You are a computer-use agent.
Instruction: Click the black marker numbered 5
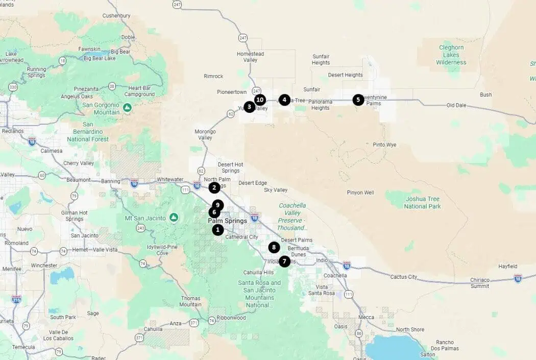point(358,100)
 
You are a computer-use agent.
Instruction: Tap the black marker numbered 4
point(284,100)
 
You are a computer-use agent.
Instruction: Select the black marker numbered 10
point(260,100)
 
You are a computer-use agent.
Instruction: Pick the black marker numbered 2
point(214,187)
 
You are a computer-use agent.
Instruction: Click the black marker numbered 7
point(284,261)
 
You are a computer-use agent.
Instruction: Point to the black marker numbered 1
point(218,229)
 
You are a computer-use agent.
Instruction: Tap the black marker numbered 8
point(274,247)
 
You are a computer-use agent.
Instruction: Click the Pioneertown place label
point(232,92)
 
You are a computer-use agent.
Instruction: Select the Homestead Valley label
point(250,57)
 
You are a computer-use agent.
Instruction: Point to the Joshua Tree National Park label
point(422,202)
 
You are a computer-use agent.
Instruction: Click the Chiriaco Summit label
point(480,283)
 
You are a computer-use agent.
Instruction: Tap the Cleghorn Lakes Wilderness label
point(451,55)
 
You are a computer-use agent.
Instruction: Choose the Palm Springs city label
point(227,221)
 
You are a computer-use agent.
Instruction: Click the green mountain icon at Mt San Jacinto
point(174,218)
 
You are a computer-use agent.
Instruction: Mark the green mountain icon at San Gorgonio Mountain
point(127,108)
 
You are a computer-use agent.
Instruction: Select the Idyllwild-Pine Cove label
point(162,250)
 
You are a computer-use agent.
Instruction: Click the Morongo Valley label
point(205,135)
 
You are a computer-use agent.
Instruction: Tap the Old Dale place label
point(457,105)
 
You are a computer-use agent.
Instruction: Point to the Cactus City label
point(404,277)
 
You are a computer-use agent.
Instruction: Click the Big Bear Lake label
point(100,58)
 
